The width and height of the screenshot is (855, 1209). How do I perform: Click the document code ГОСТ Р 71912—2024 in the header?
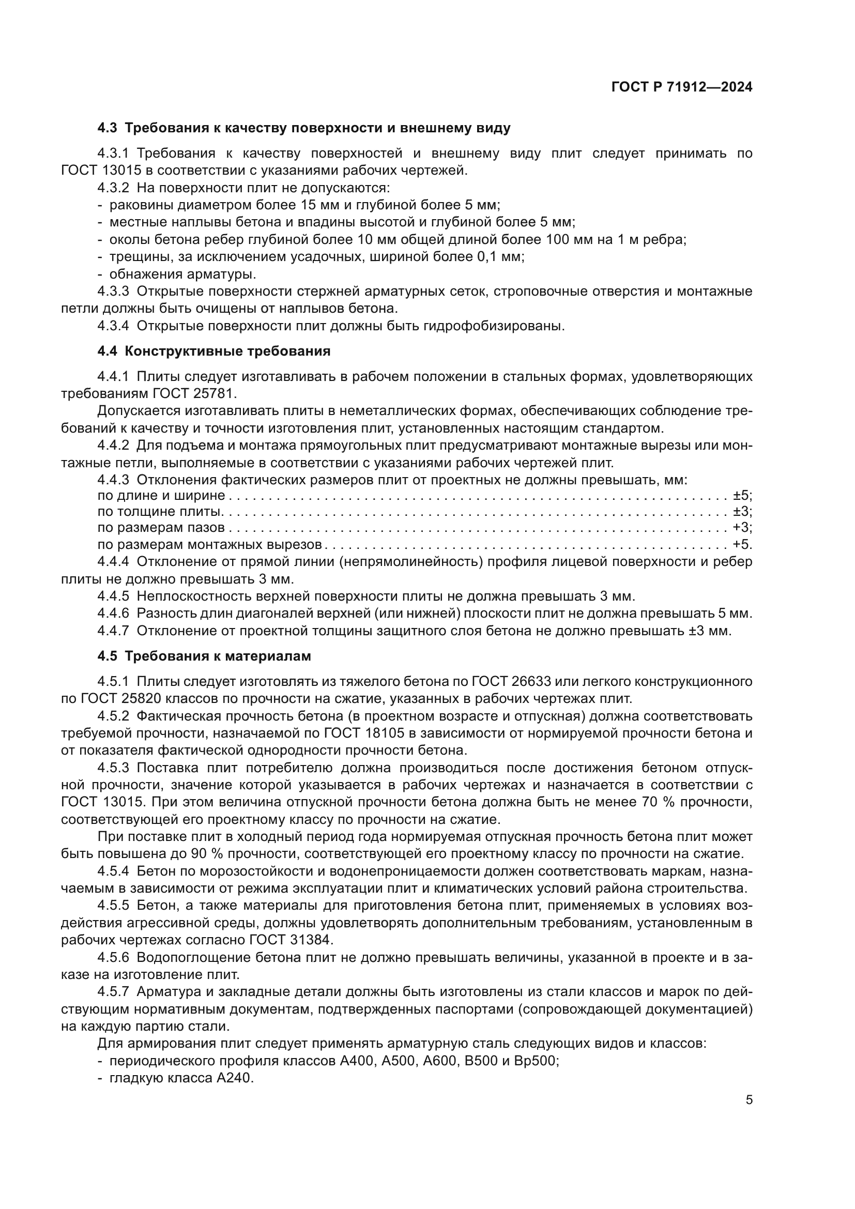click(682, 87)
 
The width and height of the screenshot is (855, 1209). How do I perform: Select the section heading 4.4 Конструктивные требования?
click(214, 351)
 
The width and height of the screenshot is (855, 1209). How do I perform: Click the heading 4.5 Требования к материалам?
click(204, 656)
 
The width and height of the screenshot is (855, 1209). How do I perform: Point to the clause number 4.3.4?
click(113, 326)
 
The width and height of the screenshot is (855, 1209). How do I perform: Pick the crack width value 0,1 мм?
click(498, 257)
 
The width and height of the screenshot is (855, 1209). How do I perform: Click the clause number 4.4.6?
click(113, 614)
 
